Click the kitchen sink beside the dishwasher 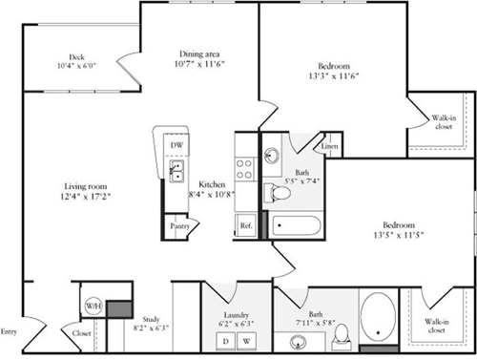coord(177,171)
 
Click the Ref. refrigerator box coord(245,226)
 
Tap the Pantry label coord(178,226)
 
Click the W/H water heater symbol coord(93,307)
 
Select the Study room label coord(150,320)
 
